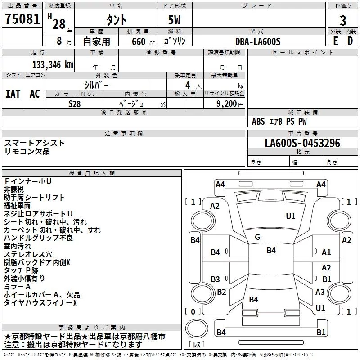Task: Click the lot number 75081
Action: (x=22, y=19)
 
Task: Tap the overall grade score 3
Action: (x=343, y=20)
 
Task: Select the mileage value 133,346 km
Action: (x=53, y=65)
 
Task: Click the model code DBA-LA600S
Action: (x=258, y=41)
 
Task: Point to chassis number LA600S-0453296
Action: (x=302, y=143)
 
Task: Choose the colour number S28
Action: (x=75, y=104)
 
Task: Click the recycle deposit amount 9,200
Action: (x=226, y=104)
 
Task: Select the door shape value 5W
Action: (x=174, y=20)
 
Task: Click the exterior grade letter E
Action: (x=335, y=41)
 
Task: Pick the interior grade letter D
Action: (x=350, y=41)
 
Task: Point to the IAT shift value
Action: (x=13, y=94)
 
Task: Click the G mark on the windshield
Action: (x=257, y=237)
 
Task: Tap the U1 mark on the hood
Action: (x=290, y=216)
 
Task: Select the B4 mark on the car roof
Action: (x=271, y=251)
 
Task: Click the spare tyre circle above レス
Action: (x=197, y=328)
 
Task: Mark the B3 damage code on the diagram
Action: (x=215, y=279)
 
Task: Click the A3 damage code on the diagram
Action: (x=320, y=292)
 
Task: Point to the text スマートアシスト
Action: (x=35, y=143)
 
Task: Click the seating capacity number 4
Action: (x=188, y=85)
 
